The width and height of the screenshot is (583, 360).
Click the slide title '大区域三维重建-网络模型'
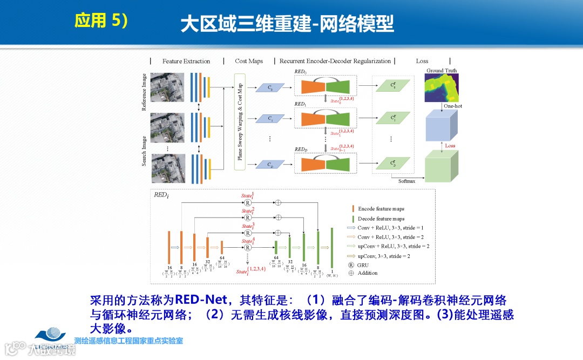[287, 24]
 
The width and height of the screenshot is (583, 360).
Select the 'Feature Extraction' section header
[186, 61]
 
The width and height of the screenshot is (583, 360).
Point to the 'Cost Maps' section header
[249, 61]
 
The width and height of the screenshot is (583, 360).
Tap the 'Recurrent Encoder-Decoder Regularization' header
[335, 61]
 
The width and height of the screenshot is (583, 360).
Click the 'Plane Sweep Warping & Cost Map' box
[240, 121]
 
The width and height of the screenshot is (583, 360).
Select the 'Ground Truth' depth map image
[442, 88]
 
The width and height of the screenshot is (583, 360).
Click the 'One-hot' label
[452, 106]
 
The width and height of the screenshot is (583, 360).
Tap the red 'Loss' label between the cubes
[450, 146]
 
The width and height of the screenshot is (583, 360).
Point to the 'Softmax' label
[407, 181]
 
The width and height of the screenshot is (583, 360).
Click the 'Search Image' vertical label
[144, 151]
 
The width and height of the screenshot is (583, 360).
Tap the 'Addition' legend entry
[367, 273]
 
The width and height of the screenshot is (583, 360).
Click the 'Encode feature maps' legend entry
[381, 209]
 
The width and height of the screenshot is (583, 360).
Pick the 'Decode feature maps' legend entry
[381, 219]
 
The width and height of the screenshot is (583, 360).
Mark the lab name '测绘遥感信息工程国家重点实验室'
[128, 341]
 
